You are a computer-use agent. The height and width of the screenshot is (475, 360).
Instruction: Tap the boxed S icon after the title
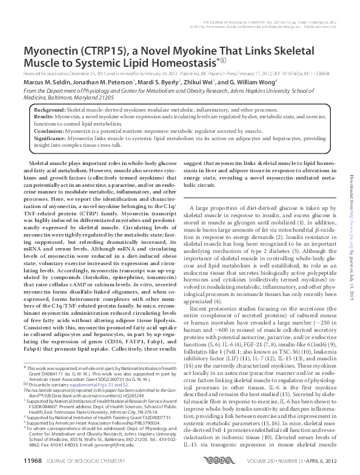tap(224, 59)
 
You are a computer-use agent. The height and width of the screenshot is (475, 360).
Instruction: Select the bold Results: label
tap(44, 114)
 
